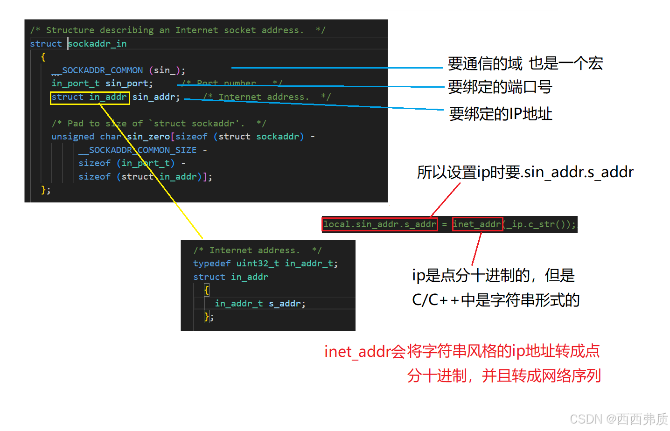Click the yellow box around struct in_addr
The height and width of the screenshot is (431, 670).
90,97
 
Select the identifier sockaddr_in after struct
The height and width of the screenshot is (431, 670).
98,44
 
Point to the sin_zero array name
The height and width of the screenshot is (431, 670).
148,137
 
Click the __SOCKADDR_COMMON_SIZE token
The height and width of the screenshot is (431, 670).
138,150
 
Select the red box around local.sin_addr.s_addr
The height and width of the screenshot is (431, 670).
380,224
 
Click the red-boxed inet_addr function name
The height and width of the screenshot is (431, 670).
477,224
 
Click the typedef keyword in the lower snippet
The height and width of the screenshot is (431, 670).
212,264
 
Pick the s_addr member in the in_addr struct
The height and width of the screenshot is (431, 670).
286,304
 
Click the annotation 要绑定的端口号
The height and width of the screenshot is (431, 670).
500,87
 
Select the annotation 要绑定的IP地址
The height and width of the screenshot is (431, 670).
501,114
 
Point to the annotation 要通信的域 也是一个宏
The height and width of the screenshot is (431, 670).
525,63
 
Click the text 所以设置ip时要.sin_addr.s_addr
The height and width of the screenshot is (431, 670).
525,173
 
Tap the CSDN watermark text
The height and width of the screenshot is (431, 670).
619,419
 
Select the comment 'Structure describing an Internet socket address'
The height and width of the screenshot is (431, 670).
178,30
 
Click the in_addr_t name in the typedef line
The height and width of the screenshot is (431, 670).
311,264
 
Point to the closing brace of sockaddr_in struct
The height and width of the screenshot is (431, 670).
44,190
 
